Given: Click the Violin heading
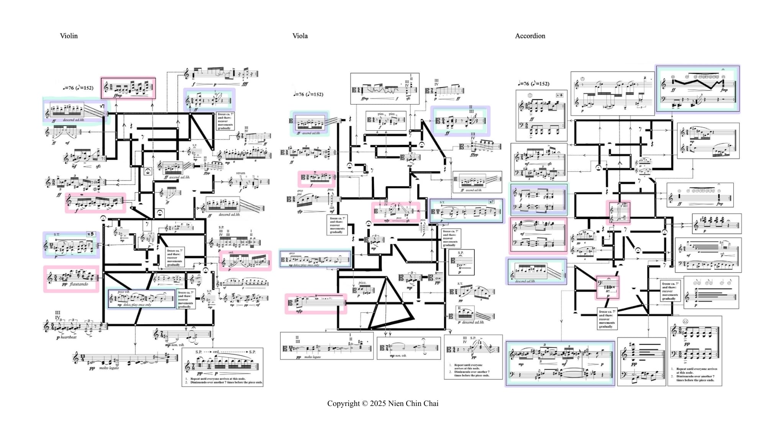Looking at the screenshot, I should [x=69, y=36].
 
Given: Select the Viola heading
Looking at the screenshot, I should [x=300, y=36].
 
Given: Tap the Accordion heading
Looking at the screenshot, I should [x=530, y=36].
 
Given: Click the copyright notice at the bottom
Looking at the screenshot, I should [x=382, y=403].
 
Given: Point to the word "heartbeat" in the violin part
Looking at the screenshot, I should [x=69, y=337].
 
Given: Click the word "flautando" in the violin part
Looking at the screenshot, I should [x=79, y=284].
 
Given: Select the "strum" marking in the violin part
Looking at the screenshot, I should [x=240, y=173].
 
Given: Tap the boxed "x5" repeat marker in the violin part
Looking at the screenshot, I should [x=90, y=234].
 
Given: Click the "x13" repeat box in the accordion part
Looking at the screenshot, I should [x=559, y=95].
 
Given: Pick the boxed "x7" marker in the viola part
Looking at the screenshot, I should [x=491, y=202].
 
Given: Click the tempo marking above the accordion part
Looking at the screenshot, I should [x=533, y=84].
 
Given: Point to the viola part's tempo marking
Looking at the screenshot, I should [x=308, y=94].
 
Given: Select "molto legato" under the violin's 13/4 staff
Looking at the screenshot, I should [x=109, y=368].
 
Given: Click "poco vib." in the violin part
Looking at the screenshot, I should [x=123, y=292].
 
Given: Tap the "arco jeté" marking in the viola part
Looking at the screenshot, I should [x=299, y=192].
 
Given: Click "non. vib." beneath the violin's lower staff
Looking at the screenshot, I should [x=177, y=345].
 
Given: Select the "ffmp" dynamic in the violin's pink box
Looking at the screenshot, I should [x=118, y=95].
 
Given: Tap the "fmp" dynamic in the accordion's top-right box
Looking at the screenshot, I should [x=724, y=90].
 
